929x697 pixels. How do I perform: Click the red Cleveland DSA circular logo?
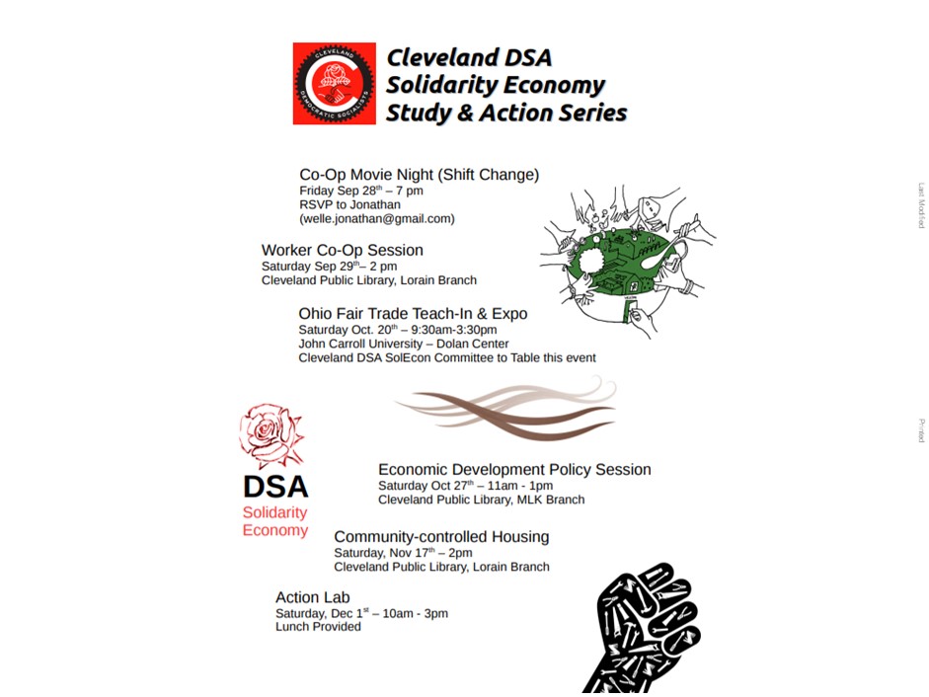pyautogui.click(x=334, y=83)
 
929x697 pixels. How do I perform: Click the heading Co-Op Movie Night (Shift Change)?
pyautogui.click(x=419, y=175)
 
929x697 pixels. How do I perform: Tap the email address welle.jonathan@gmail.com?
pyautogui.click(x=377, y=218)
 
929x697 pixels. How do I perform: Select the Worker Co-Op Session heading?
pyautogui.click(x=342, y=250)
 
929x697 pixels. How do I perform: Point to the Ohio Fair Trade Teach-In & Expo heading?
pyautogui.click(x=413, y=314)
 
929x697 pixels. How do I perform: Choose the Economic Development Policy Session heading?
pyautogui.click(x=514, y=470)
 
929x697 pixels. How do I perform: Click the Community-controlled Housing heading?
pyautogui.click(x=441, y=537)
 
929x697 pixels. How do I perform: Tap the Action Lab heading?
pyautogui.click(x=312, y=597)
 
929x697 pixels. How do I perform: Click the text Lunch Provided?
pyautogui.click(x=318, y=627)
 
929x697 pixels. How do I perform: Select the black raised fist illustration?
pyautogui.click(x=644, y=630)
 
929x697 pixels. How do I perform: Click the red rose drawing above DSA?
pyautogui.click(x=270, y=434)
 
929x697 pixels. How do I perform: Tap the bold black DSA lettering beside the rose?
pyautogui.click(x=275, y=487)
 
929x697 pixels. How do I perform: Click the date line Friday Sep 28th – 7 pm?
pyautogui.click(x=361, y=191)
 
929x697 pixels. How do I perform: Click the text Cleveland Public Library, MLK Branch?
pyautogui.click(x=481, y=500)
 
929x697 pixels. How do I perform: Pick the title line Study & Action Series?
pyautogui.click(x=505, y=113)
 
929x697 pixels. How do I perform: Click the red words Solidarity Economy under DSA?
pyautogui.click(x=275, y=521)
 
